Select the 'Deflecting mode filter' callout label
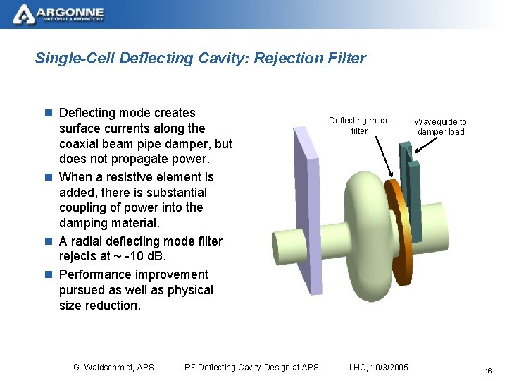pyautogui.click(x=359, y=126)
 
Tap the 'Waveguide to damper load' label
pyautogui.click(x=440, y=127)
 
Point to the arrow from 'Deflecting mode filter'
pyautogui.click(x=383, y=156)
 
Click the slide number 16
pyautogui.click(x=487, y=370)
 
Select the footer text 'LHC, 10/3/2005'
pyautogui.click(x=378, y=367)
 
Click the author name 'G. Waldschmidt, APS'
pyautogui.click(x=113, y=367)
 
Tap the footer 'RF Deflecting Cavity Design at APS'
pyautogui.click(x=251, y=367)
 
